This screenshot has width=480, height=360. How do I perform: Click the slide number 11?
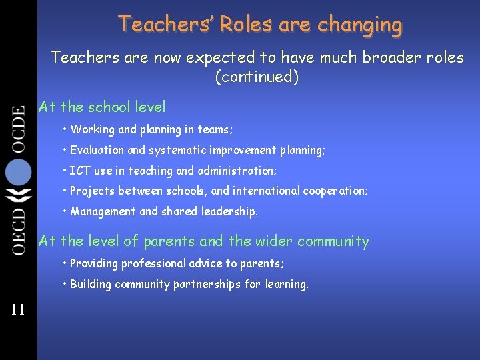pyautogui.click(x=17, y=309)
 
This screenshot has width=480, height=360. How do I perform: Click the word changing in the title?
pyautogui.click(x=360, y=25)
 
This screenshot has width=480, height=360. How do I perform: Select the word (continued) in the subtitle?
pyautogui.click(x=257, y=77)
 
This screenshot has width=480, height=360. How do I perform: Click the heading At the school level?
pyautogui.click(x=102, y=107)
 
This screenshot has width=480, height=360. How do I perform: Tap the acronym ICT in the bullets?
pyautogui.click(x=80, y=171)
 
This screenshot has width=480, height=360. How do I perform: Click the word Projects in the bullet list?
pyautogui.click(x=93, y=191)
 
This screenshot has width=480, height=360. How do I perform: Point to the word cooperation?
pyautogui.click(x=333, y=191)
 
